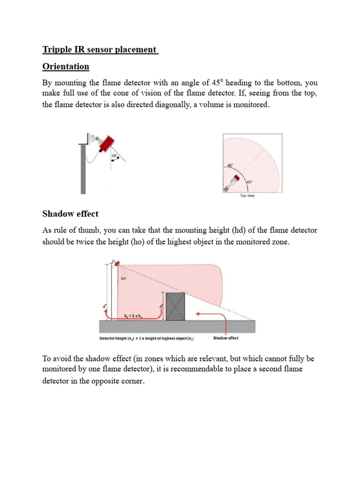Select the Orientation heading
pyautogui.click(x=66, y=67)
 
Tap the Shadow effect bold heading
pyautogui.click(x=70, y=214)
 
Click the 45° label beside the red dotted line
pyautogui.click(x=114, y=156)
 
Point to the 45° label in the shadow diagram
pyautogui.click(x=124, y=278)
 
